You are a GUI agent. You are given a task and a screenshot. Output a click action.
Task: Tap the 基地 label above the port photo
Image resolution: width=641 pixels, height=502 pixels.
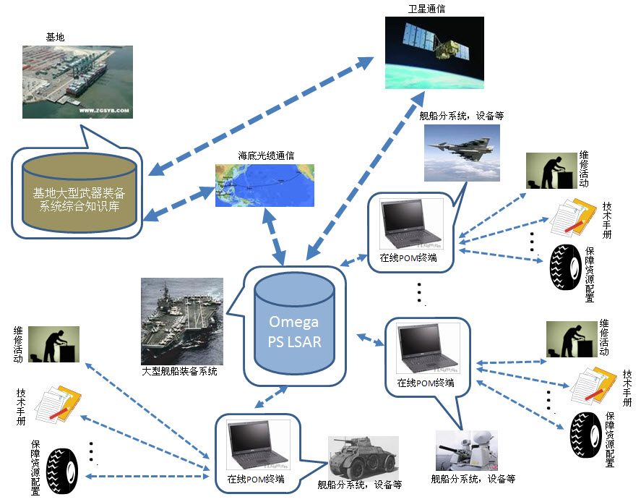[56, 35]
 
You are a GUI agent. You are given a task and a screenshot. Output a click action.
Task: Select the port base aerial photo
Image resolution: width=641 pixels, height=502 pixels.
[75, 82]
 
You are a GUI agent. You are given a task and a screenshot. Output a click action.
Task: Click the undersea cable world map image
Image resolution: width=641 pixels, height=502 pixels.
[266, 185]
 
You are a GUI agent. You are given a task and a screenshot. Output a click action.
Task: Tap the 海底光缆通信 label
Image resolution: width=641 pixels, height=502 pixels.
[266, 156]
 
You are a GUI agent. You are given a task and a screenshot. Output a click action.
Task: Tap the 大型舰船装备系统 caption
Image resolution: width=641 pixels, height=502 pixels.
[179, 372]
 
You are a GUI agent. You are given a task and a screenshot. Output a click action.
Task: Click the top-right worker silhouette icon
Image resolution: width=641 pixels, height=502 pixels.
[551, 171]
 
